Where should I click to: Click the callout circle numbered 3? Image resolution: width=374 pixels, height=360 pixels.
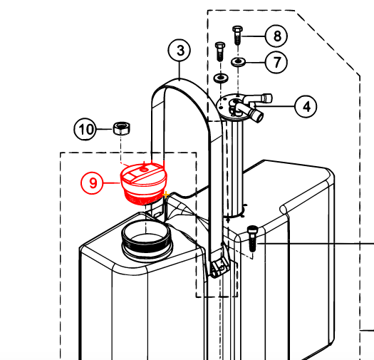[x=180, y=51]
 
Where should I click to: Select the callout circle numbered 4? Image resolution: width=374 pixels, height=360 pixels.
[x=306, y=106]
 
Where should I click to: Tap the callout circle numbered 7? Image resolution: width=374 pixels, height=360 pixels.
[x=276, y=62]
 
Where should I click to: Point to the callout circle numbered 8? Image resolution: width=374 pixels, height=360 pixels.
[x=276, y=36]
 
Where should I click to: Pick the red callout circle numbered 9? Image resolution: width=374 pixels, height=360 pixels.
[x=92, y=183]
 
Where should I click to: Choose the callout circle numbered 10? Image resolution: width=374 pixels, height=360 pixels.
[x=85, y=129]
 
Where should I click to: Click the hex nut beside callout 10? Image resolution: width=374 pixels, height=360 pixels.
[x=122, y=128]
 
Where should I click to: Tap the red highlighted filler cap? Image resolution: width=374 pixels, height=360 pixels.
[x=143, y=183]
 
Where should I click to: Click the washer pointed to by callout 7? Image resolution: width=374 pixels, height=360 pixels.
[x=238, y=61]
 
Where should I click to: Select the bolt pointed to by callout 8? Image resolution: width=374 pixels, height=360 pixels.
[x=237, y=35]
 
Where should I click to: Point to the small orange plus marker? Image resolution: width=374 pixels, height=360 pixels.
[x=166, y=195]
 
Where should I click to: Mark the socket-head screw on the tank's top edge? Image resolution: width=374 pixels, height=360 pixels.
[x=252, y=238]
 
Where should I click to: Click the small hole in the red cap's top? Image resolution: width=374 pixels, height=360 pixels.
[x=144, y=170]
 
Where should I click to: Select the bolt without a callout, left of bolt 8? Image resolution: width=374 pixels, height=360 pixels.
[x=220, y=51]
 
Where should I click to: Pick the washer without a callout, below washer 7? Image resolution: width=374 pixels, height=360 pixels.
[x=221, y=78]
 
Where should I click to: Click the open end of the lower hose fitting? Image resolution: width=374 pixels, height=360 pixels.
[x=259, y=116]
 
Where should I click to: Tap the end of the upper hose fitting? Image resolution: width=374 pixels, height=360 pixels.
[x=268, y=98]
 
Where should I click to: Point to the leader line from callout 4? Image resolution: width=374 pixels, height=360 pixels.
[x=275, y=106]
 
